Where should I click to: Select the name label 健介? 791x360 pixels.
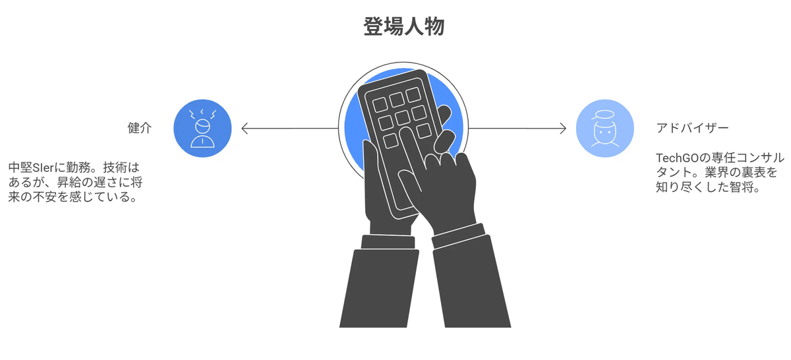pyautogui.click(x=139, y=128)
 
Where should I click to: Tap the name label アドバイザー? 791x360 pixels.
pyautogui.click(x=692, y=128)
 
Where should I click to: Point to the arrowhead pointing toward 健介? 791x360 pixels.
pyautogui.click(x=245, y=128)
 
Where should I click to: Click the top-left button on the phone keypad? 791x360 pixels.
pyautogui.click(x=380, y=105)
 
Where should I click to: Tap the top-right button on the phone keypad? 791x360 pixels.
pyautogui.click(x=413, y=94)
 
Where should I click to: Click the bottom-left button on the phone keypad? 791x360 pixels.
pyautogui.click(x=391, y=140)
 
